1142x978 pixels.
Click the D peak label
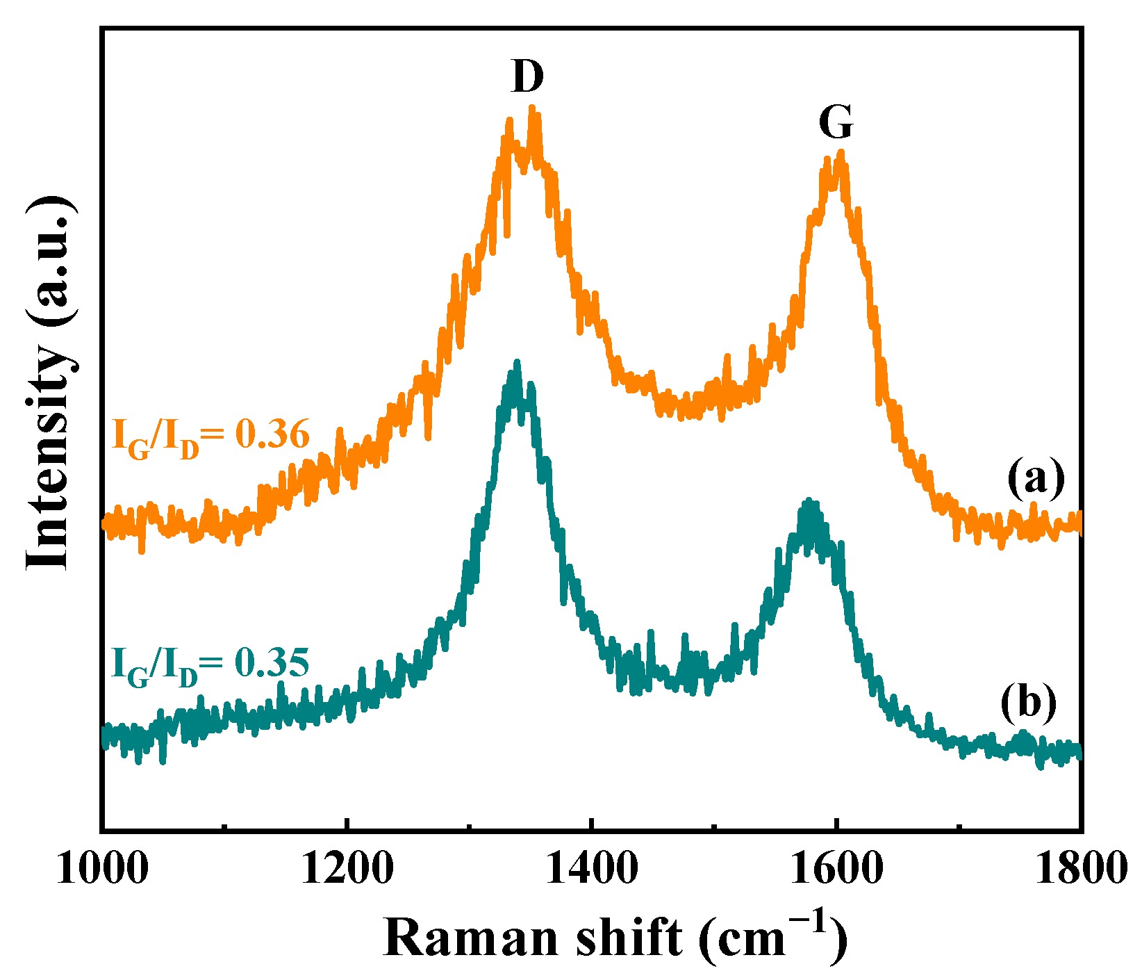[527, 76]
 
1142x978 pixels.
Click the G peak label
[835, 123]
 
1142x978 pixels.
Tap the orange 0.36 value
[272, 436]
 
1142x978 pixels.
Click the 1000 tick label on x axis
[102, 869]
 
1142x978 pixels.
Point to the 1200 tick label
[346, 869]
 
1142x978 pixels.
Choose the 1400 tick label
[590, 869]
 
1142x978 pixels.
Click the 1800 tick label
[1079, 869]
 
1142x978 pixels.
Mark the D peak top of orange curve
[532, 108]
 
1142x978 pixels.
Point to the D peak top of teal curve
[516, 362]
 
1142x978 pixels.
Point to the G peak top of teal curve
[808, 500]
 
